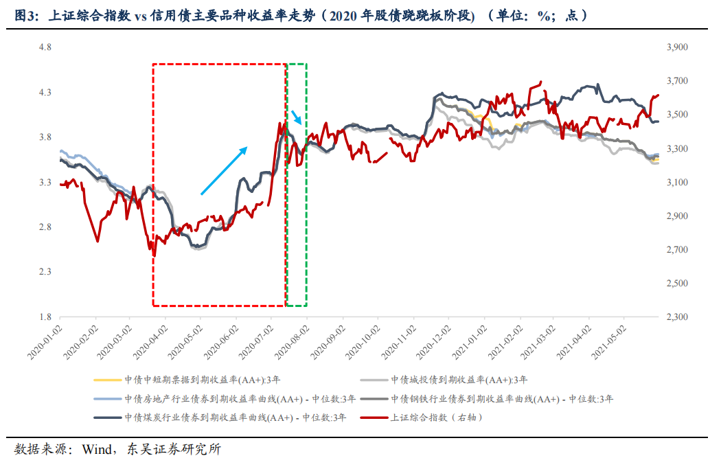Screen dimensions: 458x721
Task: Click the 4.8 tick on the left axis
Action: [x=45, y=47]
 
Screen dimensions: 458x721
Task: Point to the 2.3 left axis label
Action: [x=45, y=273]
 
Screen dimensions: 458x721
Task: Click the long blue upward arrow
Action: [x=224, y=170]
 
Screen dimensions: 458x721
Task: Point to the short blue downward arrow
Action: [x=296, y=117]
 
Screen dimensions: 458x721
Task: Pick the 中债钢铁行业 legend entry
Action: [x=502, y=398]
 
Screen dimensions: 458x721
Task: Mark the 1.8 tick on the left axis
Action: [x=45, y=317]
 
